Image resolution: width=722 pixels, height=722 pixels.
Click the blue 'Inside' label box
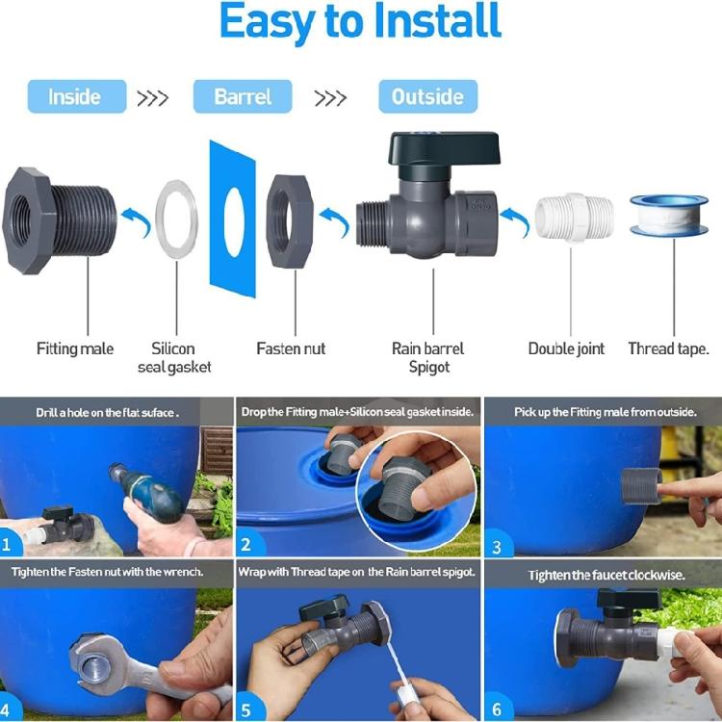click(76, 96)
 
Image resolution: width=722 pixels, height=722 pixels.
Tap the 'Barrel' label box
click(243, 96)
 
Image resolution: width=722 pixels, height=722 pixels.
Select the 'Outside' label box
click(427, 96)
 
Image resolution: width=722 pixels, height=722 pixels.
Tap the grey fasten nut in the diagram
click(290, 221)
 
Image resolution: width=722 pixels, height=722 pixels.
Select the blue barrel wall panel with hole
click(231, 219)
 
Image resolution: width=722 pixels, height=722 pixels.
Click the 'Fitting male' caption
click(75, 348)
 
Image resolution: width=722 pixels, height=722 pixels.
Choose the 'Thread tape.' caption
click(668, 348)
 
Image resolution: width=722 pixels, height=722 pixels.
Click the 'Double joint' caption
click(567, 348)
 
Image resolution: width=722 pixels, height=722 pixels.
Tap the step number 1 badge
click(10, 545)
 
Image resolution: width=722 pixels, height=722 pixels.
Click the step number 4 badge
click(8, 710)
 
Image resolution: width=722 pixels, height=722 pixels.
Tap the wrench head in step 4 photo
click(96, 662)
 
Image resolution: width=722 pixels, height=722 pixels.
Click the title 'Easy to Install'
click(360, 23)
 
